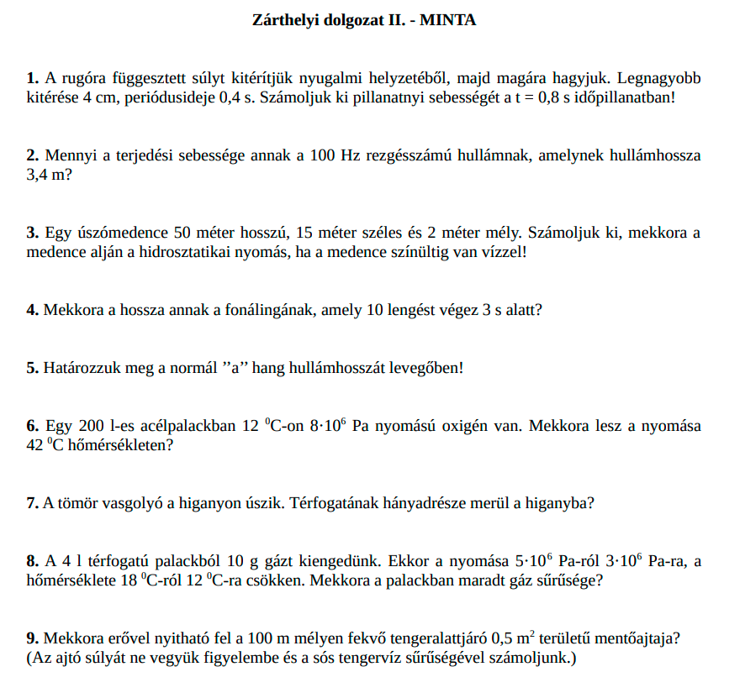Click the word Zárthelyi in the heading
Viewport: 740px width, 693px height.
pyautogui.click(x=285, y=20)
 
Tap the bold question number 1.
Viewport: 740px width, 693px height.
pyautogui.click(x=32, y=78)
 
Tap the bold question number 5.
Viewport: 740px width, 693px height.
pyautogui.click(x=32, y=368)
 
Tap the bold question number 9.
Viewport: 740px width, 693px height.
pyautogui.click(x=32, y=638)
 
